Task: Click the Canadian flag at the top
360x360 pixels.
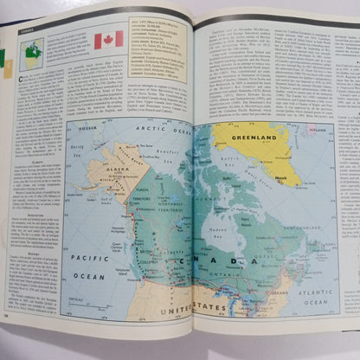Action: point(108,39)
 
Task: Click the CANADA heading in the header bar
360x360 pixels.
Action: point(29,29)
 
